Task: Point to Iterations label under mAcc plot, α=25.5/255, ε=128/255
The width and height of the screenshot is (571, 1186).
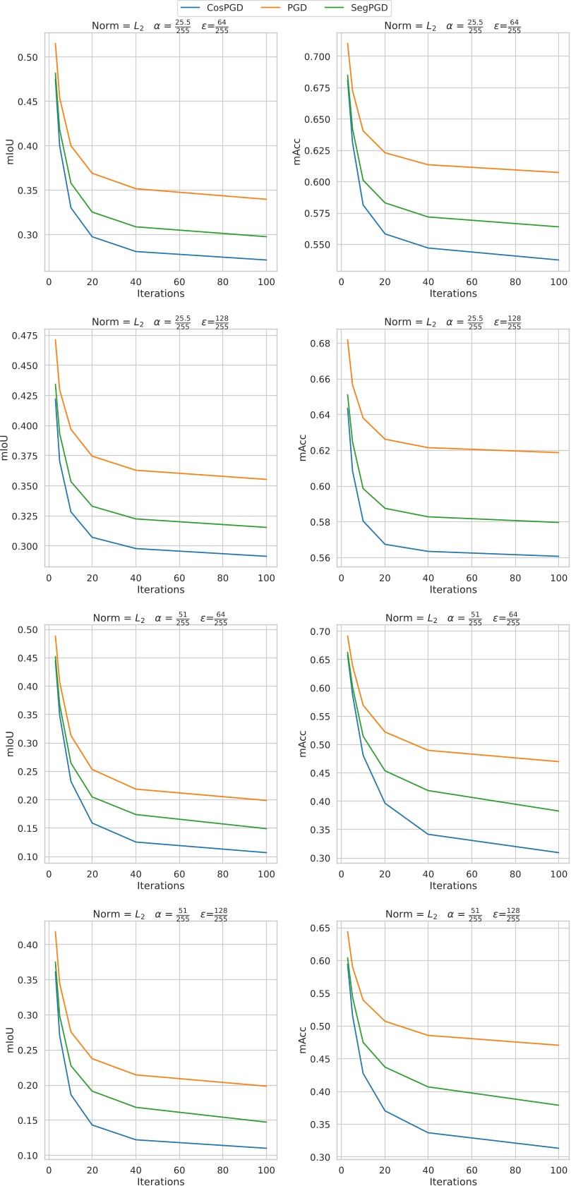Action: [x=453, y=589]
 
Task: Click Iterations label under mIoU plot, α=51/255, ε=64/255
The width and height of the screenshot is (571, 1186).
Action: [x=161, y=885]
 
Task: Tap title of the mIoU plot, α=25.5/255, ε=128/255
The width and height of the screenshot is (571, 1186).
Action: [x=161, y=322]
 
